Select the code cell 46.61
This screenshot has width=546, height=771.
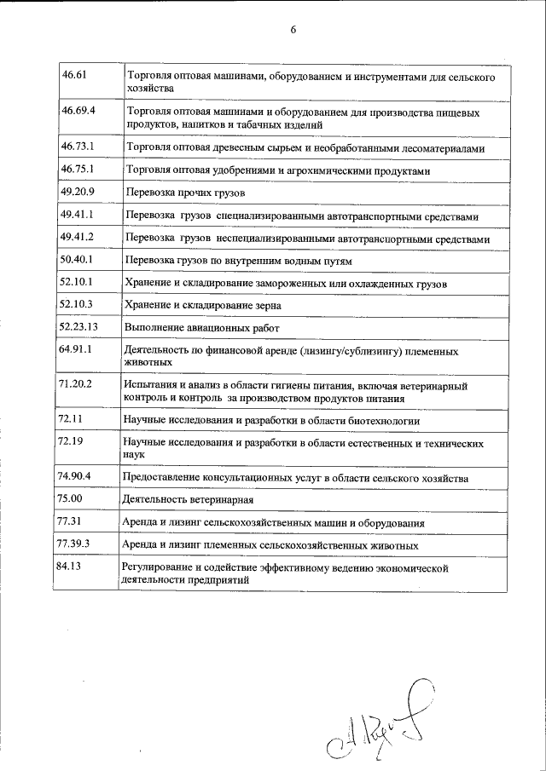[x=75, y=76]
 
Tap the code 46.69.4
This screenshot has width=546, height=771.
[x=79, y=112]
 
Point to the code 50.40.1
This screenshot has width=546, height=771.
[x=78, y=258]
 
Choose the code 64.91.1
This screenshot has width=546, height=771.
[x=78, y=349]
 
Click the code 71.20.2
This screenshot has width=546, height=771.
[x=78, y=385]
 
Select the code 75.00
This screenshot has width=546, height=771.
[x=71, y=498]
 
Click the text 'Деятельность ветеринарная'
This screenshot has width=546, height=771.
[x=190, y=498]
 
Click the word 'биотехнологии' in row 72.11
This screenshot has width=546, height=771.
[x=384, y=421]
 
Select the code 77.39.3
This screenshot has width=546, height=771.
[x=78, y=543]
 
